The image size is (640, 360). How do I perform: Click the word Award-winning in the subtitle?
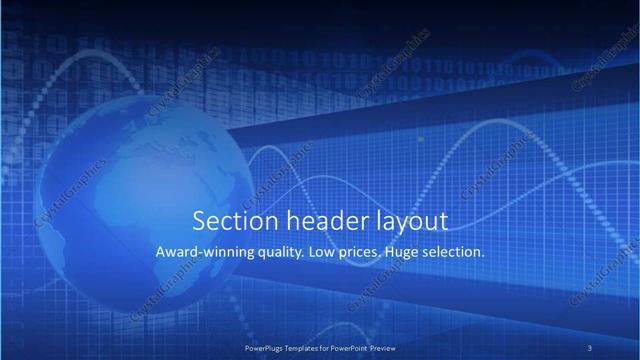200,253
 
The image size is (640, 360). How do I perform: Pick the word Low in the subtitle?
321,253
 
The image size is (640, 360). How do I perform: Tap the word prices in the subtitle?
359,254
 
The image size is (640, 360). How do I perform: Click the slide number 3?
590,347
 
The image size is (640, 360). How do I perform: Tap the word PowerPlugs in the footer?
265,347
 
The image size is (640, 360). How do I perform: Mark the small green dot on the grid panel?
420,139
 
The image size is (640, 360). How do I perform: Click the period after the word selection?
484,257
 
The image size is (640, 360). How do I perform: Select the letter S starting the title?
198,220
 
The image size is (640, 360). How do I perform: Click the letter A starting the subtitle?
161,253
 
